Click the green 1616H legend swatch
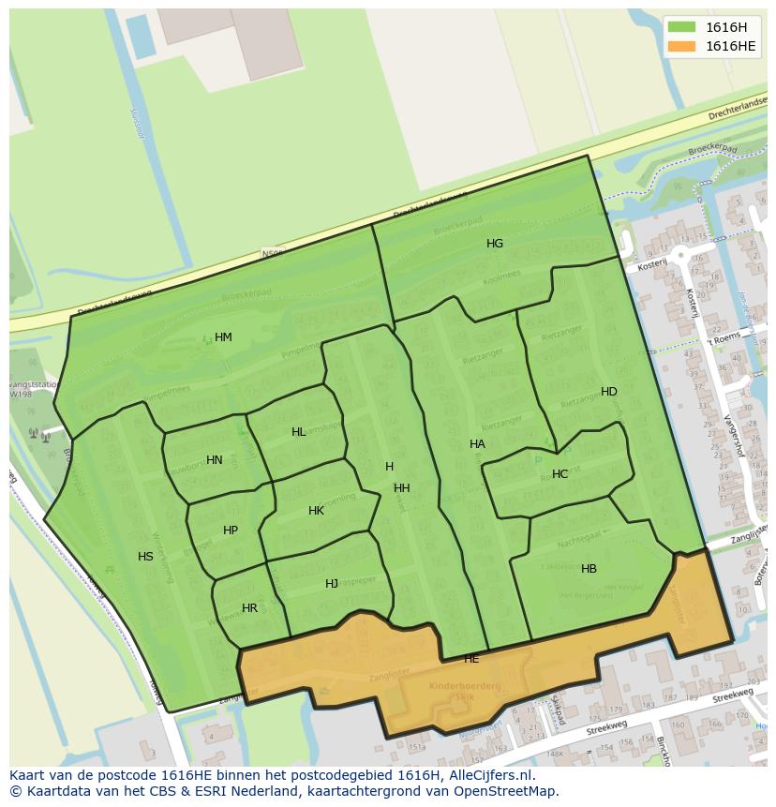(681, 27)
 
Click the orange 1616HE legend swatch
(681, 46)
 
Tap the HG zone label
(495, 244)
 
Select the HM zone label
(223, 337)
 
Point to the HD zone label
(609, 392)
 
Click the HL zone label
(299, 432)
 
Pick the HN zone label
(215, 460)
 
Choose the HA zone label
(477, 444)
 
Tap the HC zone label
(560, 474)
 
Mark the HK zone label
(316, 511)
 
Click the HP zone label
(231, 531)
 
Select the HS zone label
(145, 557)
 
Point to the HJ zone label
(332, 584)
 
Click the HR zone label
(249, 608)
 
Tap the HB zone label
(589, 569)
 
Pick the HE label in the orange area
(471, 659)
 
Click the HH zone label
(402, 488)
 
